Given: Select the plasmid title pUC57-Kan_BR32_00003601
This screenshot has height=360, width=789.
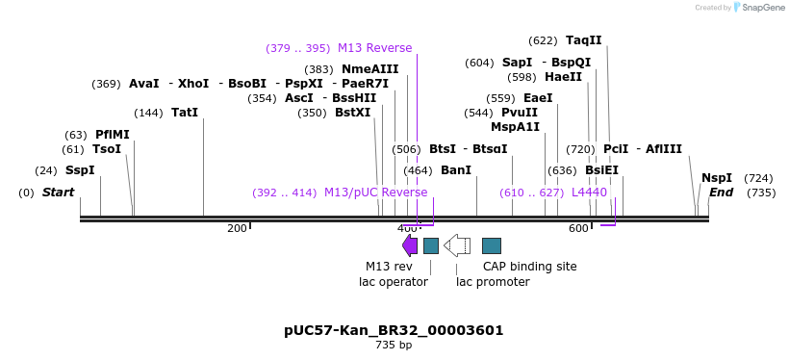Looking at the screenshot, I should (x=394, y=330).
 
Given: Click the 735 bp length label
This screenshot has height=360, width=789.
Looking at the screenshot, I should (x=394, y=346).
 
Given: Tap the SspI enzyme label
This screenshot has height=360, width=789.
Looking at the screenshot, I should (x=80, y=170).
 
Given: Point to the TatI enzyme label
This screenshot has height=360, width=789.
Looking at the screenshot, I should (x=185, y=113).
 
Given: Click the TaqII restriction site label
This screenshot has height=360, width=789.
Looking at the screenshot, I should (x=583, y=40).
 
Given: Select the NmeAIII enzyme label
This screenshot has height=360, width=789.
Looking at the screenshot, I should (x=369, y=69).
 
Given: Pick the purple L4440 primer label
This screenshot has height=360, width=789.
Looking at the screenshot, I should (x=589, y=193).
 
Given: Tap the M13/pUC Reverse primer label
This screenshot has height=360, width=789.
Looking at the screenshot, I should (x=375, y=193).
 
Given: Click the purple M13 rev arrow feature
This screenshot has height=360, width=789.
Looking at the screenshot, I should (x=410, y=245).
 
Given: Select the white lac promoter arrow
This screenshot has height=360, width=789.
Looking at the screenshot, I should (x=456, y=245).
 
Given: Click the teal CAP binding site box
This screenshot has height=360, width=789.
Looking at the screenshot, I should (x=491, y=245).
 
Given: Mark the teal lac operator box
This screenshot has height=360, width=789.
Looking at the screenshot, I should (x=431, y=245).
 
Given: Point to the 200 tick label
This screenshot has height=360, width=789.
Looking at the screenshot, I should (x=237, y=228).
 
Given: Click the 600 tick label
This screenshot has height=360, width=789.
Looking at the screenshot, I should (x=577, y=228).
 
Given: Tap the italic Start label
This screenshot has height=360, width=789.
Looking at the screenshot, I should (x=58, y=193).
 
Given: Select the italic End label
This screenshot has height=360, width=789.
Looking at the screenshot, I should (x=721, y=193).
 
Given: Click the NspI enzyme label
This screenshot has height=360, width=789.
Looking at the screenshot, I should (x=716, y=178).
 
